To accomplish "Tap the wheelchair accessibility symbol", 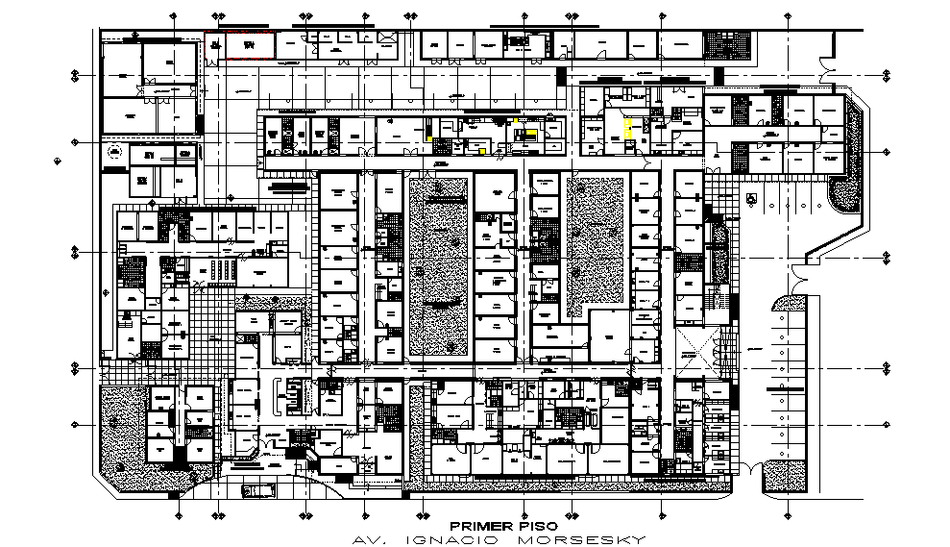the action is tap(752, 198).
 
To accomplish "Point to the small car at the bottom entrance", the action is tap(257, 490).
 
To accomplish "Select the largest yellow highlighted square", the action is tap(629, 129).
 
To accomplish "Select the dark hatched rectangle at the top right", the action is tap(718, 43).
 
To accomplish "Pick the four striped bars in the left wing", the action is tap(222, 269).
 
